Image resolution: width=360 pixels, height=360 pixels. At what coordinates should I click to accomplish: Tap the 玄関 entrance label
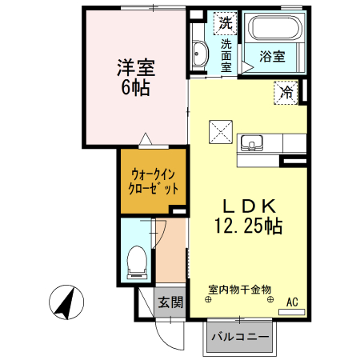click(170, 302)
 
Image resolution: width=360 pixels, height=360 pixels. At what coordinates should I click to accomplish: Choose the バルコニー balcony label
click(240, 336)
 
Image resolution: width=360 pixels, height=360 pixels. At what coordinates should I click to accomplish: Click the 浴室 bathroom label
click(273, 56)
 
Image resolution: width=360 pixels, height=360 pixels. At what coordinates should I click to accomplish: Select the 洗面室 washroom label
click(226, 56)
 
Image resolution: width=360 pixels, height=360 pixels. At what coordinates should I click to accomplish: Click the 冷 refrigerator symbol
click(286, 92)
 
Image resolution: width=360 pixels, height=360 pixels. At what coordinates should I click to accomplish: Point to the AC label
click(293, 302)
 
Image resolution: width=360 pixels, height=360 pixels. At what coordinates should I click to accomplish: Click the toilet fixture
click(137, 261)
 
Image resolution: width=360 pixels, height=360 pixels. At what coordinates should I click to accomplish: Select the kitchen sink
click(253, 144)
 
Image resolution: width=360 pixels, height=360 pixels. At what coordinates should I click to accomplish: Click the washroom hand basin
click(200, 55)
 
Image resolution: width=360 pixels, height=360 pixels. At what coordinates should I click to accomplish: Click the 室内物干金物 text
click(240, 289)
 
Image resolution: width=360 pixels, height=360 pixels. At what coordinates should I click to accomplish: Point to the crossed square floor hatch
click(220, 130)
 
